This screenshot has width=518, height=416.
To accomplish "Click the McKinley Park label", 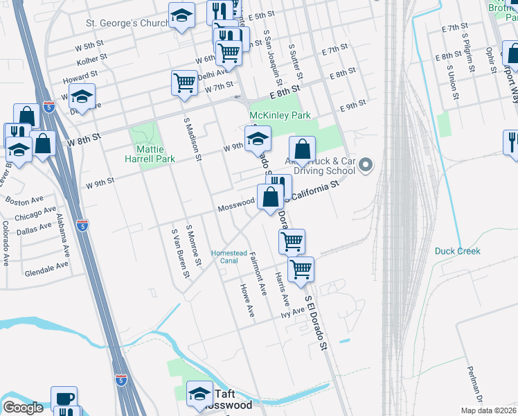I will (280, 115).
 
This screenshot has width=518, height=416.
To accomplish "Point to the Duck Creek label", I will (458, 251).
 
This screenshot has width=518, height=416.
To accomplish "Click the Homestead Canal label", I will (229, 257).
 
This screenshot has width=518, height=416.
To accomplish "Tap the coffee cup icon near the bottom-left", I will (64, 397).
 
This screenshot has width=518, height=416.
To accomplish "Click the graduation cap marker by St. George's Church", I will (182, 15).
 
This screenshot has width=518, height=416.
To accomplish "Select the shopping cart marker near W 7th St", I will (184, 83).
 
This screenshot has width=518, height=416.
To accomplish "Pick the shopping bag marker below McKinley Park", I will (302, 148).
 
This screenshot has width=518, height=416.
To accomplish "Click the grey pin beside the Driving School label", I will (366, 166).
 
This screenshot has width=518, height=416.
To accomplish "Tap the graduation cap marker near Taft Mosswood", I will (200, 393).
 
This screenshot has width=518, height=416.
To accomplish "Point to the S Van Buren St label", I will (181, 252).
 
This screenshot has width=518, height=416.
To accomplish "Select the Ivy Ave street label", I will (293, 313).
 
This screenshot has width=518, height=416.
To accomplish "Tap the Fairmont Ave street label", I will (258, 275).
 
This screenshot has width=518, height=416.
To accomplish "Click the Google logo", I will (23, 408).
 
